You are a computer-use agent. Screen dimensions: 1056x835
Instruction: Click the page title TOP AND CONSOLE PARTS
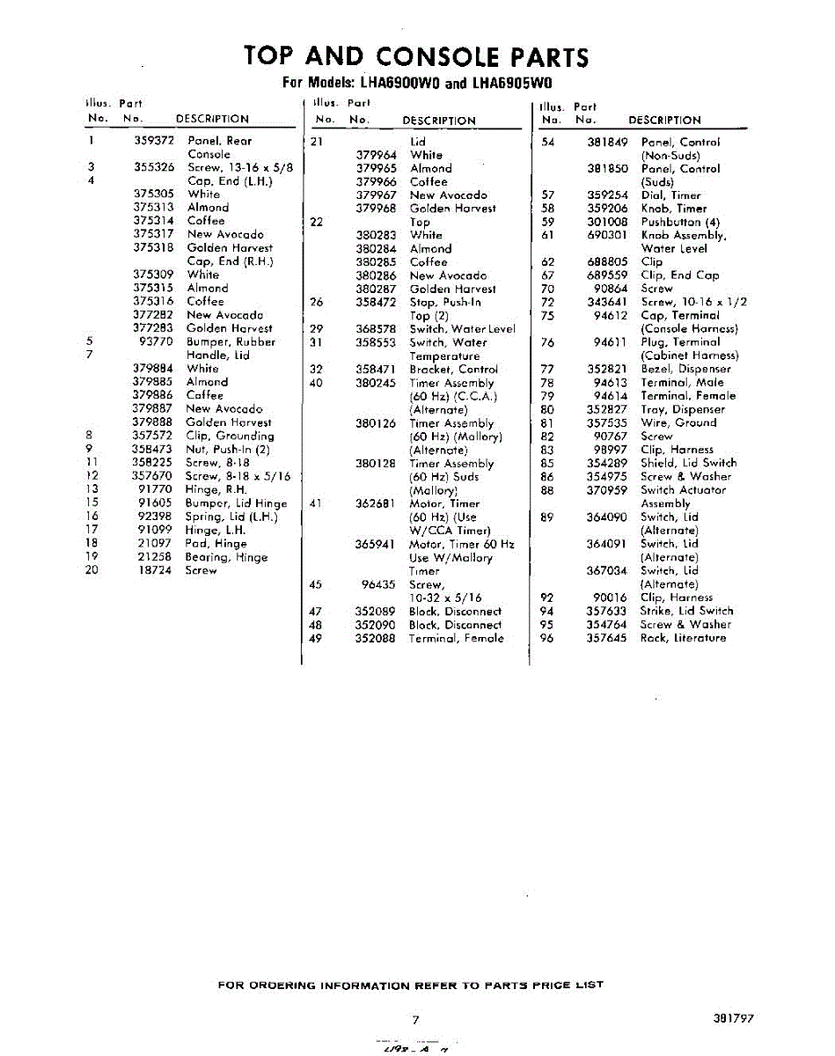(x=416, y=57)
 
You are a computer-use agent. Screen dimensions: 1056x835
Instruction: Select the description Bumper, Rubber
(x=231, y=341)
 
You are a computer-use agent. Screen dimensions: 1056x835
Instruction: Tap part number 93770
(x=157, y=341)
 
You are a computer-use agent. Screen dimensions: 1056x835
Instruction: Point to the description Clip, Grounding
(x=230, y=436)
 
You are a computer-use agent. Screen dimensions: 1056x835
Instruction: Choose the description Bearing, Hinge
(x=226, y=557)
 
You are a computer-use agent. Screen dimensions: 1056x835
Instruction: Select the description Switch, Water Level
(x=463, y=329)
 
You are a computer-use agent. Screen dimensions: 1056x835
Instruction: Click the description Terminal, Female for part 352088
(x=457, y=638)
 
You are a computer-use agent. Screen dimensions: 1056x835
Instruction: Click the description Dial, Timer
(x=670, y=195)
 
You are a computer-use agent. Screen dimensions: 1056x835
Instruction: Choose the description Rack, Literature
(x=683, y=638)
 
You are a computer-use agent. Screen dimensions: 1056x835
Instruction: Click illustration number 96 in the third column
(x=547, y=638)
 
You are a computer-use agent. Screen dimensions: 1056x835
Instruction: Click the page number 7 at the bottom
(x=414, y=1019)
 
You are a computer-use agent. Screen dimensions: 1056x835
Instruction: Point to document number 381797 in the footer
(x=734, y=1018)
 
